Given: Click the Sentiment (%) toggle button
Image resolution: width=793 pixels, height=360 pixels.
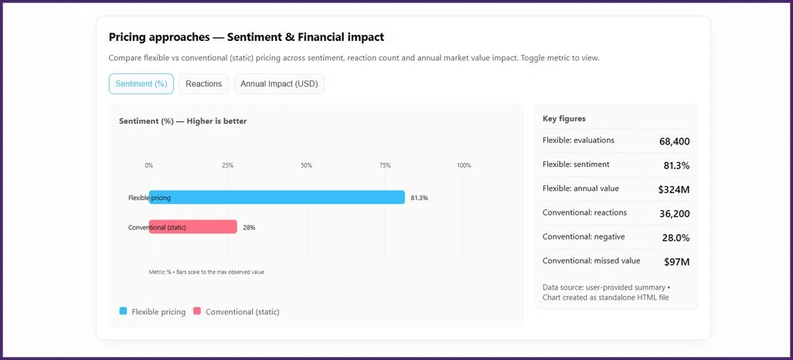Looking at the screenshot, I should pos(141,83).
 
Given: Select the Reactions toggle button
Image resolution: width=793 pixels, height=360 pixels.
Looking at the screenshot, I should pos(203,83).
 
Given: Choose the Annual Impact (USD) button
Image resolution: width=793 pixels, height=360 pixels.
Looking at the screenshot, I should pos(279,83).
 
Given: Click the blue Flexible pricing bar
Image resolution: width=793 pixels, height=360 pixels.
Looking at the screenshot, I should pos(277,197).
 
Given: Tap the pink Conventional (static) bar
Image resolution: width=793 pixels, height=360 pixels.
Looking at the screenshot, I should pos(193,227).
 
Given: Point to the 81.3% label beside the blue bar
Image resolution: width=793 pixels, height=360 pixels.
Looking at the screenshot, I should pos(419,198).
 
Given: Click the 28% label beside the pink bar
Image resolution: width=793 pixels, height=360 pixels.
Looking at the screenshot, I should pos(249,228).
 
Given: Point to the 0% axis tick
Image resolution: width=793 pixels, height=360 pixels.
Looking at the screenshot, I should pos(149,165).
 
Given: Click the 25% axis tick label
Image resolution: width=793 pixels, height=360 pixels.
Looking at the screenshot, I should pos(228,165).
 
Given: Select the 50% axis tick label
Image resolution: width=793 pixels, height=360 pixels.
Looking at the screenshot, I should pos(306,165).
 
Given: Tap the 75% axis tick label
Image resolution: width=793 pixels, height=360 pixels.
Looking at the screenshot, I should pos(385,165).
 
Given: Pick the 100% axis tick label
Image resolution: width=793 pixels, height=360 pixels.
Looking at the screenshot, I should pos(464,165).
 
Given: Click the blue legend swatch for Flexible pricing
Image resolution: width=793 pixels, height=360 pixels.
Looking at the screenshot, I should pos(123,311).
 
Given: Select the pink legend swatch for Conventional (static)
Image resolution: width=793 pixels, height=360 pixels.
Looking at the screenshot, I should pos(197,311).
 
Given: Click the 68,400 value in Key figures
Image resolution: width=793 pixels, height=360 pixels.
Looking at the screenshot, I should pos(674,141).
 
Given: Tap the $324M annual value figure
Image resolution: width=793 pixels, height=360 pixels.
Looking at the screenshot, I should pos(673,189).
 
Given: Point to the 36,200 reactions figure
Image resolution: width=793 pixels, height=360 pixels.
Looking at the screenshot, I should pos(674,213).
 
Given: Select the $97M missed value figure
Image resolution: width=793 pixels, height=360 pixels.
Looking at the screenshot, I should pos(677,262).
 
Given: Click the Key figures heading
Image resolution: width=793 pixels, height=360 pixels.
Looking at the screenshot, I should pos(564,119).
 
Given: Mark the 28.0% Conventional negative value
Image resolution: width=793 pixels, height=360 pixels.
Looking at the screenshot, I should pos(676,238).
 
